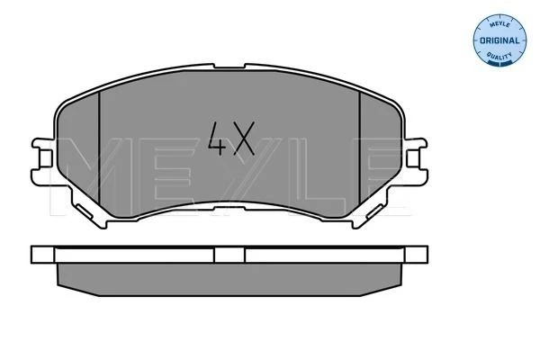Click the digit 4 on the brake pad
point(218,139)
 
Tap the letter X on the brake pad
point(244,139)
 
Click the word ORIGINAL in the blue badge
point(499,40)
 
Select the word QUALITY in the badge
point(499,56)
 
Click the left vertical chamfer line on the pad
point(99,148)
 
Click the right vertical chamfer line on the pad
point(359,148)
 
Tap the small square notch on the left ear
point(45,158)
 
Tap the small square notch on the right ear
point(413,158)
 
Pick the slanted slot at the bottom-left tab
point(84,211)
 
